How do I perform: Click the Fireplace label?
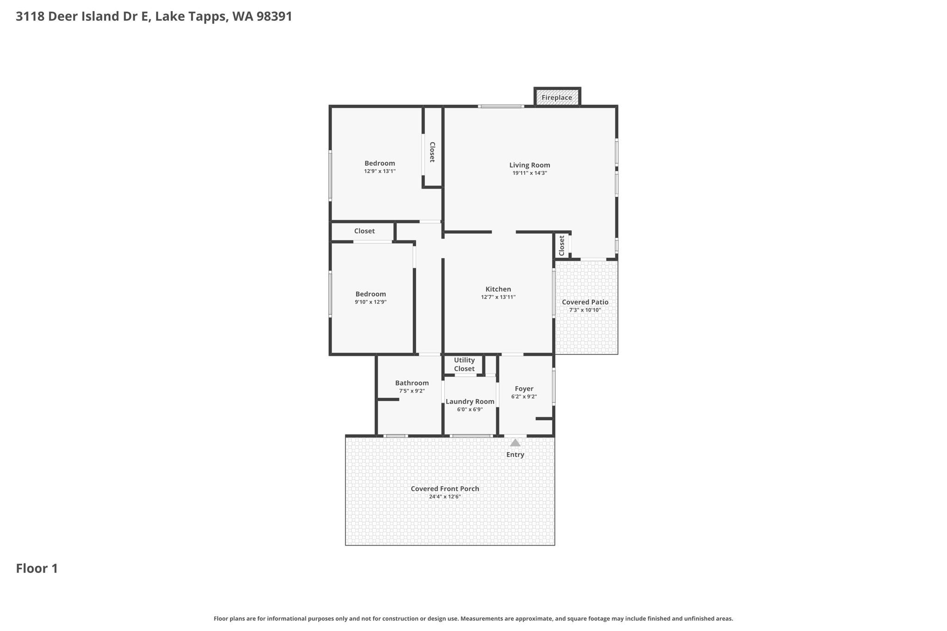pyautogui.click(x=557, y=98)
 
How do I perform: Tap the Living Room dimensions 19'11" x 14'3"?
pyautogui.click(x=529, y=173)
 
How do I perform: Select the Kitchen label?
pyautogui.click(x=498, y=289)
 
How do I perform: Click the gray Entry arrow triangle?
pyautogui.click(x=515, y=443)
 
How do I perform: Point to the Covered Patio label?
pyautogui.click(x=585, y=302)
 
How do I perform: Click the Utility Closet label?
pyautogui.click(x=464, y=364)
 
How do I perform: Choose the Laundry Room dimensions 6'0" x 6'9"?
pyautogui.click(x=470, y=410)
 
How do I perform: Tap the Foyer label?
pyautogui.click(x=524, y=389)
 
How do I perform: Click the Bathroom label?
pyautogui.click(x=412, y=383)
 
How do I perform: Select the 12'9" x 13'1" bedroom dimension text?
pyautogui.click(x=380, y=171)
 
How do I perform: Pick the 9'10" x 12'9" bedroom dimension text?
pyautogui.click(x=370, y=302)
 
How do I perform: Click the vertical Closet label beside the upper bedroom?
pyautogui.click(x=432, y=152)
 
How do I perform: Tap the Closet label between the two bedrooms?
pyautogui.click(x=364, y=231)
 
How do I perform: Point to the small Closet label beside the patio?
pyautogui.click(x=562, y=245)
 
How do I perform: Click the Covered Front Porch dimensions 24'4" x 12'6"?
pyautogui.click(x=445, y=496)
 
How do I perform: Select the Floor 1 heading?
pyautogui.click(x=37, y=569)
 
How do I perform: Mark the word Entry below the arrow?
pyautogui.click(x=515, y=455)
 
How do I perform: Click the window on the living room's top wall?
pyautogui.click(x=501, y=106)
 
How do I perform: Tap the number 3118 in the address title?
pyautogui.click(x=30, y=17)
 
